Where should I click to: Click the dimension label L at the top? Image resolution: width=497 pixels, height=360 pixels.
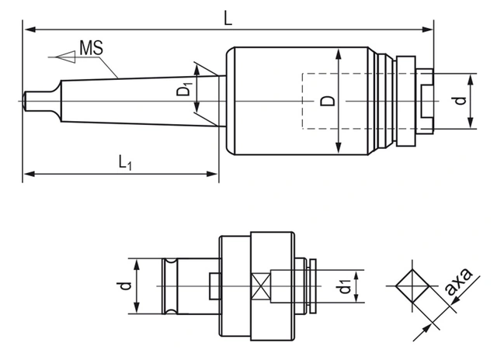coord(228,18)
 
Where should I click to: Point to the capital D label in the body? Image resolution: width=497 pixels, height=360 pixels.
coord(328,101)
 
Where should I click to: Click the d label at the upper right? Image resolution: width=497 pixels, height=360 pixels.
coord(460,100)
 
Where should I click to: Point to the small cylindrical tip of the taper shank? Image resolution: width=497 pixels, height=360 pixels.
coord(32,102)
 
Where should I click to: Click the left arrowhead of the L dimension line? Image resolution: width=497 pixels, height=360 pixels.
coord(28,29)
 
